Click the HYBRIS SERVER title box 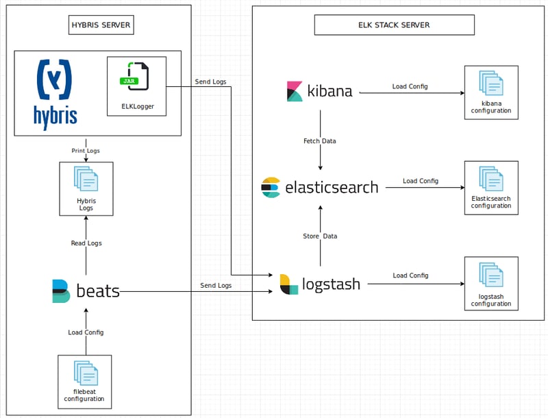coord(101,26)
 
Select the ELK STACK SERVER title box coord(394,25)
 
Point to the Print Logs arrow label coord(86,150)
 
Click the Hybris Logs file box coord(86,188)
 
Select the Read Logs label coord(86,243)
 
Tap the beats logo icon coord(61,291)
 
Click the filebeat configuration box coord(84,378)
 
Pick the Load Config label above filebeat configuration coord(86,332)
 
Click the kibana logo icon coord(295,91)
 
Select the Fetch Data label coord(319,141)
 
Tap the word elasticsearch coord(331,187)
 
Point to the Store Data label coord(320,236)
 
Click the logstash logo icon coord(289,284)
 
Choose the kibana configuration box coord(491,93)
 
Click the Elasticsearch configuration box coord(491,188)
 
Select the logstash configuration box coord(491,284)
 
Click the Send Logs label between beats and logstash coord(216,285)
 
